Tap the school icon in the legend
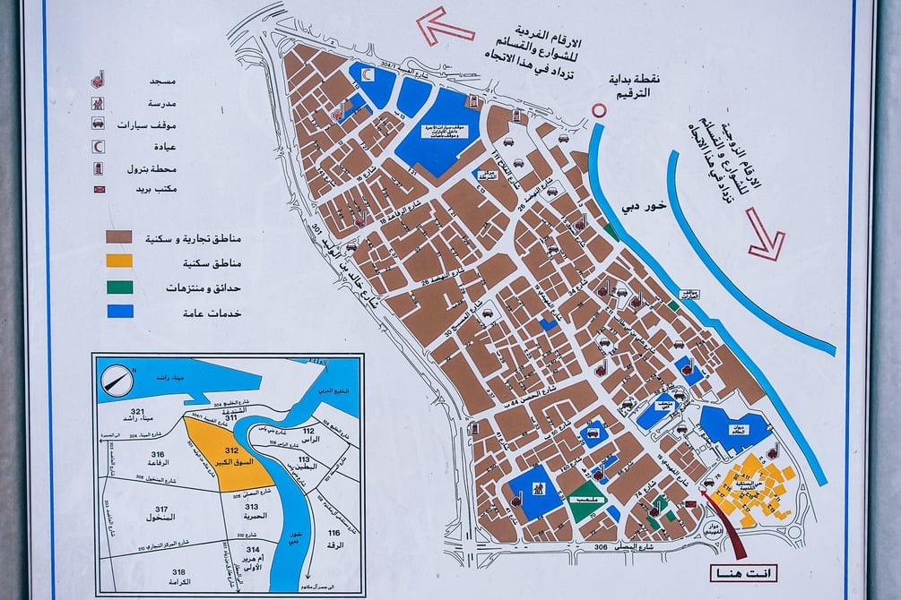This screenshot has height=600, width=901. pyautogui.click(x=98, y=102)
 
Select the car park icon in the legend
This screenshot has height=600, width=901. pyautogui.click(x=98, y=124)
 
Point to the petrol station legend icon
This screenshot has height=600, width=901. pyautogui.click(x=98, y=167)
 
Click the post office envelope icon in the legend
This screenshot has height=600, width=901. pyautogui.click(x=98, y=189)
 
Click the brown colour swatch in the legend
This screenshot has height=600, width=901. pyautogui.click(x=119, y=237)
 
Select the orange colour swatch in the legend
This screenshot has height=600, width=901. pyautogui.click(x=119, y=261)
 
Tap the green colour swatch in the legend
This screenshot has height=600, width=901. pyautogui.click(x=119, y=287)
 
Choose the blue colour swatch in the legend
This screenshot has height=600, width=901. pyautogui.click(x=119, y=311)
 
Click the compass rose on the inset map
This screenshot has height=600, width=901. pyautogui.click(x=117, y=381)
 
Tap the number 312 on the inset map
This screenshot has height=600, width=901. pyautogui.click(x=231, y=451)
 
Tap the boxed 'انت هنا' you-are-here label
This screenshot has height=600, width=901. pyautogui.click(x=742, y=573)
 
